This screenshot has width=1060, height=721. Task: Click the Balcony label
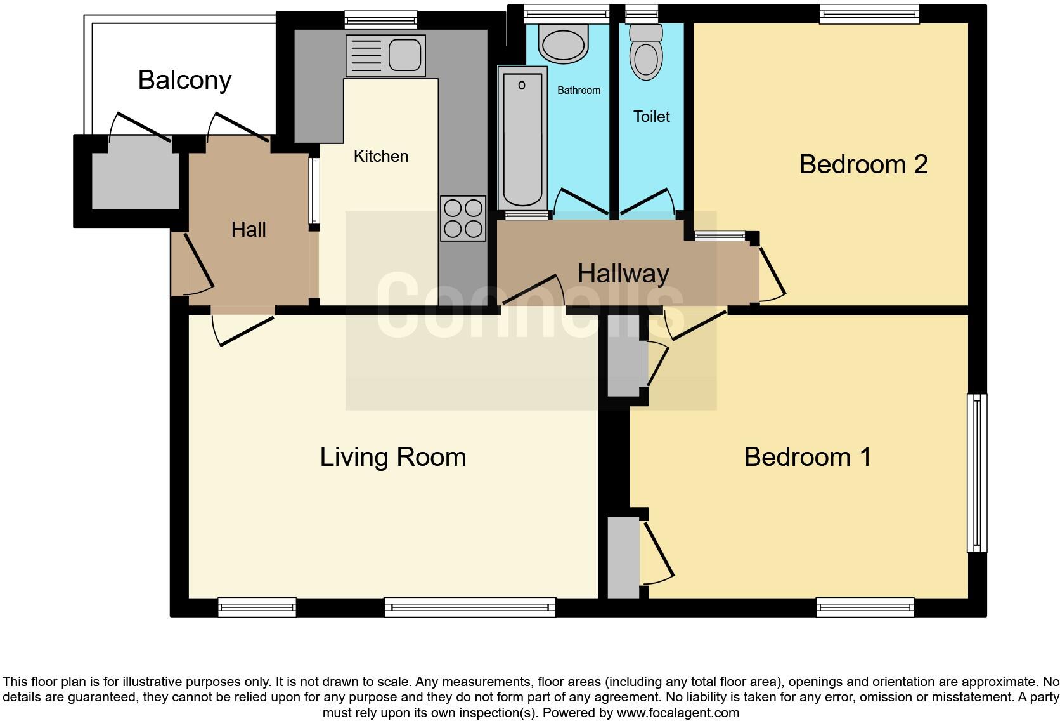(184, 80)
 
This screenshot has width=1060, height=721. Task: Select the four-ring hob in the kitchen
(463, 218)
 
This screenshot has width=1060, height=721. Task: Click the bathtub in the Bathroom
(523, 138)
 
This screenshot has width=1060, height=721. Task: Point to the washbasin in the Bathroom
(562, 44)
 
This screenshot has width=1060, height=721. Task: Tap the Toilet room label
(651, 116)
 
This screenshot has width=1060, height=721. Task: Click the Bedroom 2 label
(863, 164)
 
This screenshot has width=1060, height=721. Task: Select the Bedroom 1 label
(807, 457)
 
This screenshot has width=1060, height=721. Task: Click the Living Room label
(392, 457)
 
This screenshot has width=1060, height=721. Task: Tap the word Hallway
(623, 274)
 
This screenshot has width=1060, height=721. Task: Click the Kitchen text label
(380, 156)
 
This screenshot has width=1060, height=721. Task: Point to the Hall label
(248, 230)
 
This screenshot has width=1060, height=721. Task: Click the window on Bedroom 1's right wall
(977, 473)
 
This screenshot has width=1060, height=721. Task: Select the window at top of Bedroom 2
(869, 14)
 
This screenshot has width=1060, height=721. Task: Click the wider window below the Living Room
(470, 607)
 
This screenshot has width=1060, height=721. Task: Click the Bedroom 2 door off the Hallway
(770, 273)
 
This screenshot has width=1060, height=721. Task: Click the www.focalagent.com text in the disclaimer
(678, 713)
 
